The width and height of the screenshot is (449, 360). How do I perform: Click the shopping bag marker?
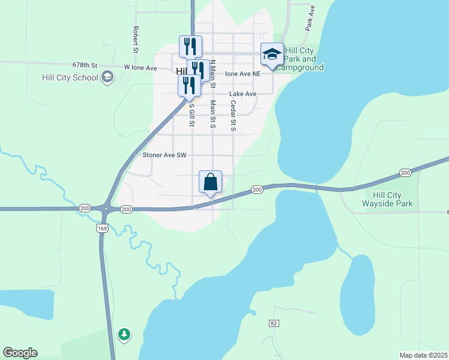[210, 182]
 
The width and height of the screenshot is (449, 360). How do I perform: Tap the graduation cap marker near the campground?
[272, 55]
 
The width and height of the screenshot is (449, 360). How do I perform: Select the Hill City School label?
[70, 77]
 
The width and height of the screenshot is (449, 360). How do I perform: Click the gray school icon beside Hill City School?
[107, 76]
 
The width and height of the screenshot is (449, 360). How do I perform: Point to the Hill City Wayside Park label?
[388, 199]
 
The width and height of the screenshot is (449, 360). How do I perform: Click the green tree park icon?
[124, 334]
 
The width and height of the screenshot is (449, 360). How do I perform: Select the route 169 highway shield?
[101, 228]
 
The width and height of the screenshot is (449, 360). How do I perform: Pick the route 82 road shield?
[274, 323]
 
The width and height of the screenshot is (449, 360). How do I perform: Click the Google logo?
[20, 353]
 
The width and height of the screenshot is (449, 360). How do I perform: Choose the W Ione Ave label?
[140, 68]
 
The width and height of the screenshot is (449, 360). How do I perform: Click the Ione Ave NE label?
[243, 74]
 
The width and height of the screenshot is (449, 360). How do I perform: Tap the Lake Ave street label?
[243, 94]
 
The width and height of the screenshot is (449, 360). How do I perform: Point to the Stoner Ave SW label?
[165, 155]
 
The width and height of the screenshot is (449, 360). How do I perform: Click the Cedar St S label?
[234, 116]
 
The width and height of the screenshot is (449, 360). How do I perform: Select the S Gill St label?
[192, 115]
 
